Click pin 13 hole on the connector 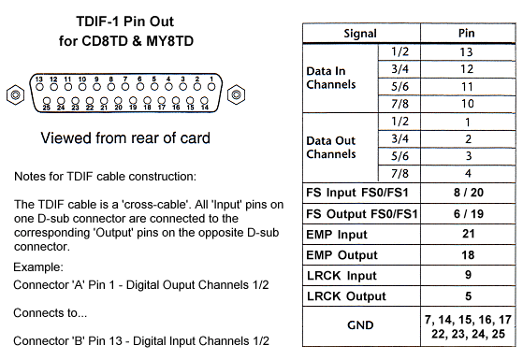[39, 87]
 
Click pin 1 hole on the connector [211, 87]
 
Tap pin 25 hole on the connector [47, 101]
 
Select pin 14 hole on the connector [204, 100]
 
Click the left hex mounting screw [15, 95]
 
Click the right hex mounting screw [236, 94]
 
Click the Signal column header [360, 34]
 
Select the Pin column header [466, 33]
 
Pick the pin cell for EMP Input [469, 234]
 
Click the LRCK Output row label [346, 296]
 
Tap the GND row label [360, 325]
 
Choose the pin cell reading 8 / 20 [469, 193]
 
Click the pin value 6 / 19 [469, 214]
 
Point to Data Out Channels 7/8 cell [400, 173]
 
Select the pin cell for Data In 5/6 [468, 87]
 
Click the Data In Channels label [331, 78]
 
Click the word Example [38, 267]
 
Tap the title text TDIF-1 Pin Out [125, 22]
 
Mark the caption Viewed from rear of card [125, 137]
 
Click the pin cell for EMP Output [469, 255]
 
